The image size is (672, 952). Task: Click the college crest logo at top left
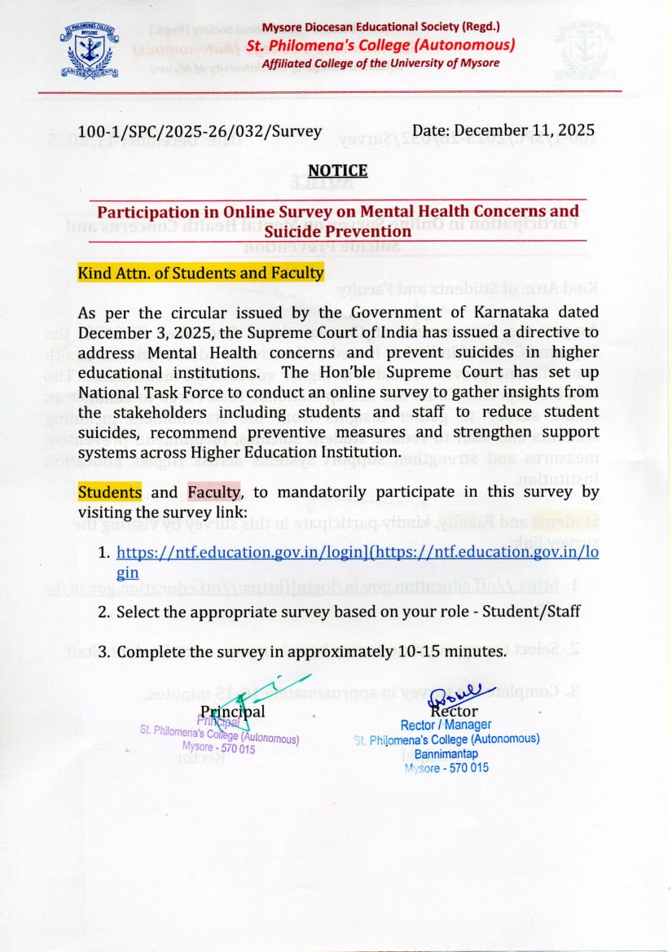tap(90, 51)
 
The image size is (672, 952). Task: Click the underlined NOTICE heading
tap(337, 171)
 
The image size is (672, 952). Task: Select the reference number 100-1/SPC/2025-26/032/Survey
tap(200, 131)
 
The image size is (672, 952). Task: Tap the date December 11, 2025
tap(503, 130)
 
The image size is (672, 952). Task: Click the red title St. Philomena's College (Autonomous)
tap(386, 45)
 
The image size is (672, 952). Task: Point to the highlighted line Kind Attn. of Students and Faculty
tap(200, 273)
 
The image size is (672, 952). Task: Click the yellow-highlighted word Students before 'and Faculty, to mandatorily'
tap(109, 492)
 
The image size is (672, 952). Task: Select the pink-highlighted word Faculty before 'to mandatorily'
tap(214, 492)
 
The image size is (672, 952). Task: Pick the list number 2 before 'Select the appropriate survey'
tap(103, 612)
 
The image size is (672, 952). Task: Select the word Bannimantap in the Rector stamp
tap(446, 753)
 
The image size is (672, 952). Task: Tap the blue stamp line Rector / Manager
tap(446, 725)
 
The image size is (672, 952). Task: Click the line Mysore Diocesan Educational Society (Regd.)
tap(381, 28)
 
